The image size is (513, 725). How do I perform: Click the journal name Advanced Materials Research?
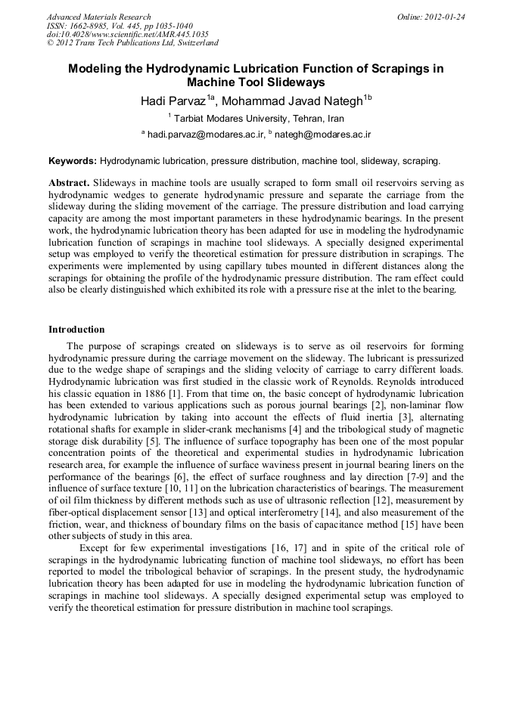pos(99,17)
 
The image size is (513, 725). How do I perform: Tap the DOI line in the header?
pos(128,34)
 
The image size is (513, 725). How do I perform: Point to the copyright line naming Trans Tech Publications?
pos(132,43)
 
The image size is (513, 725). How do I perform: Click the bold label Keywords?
pos(73,161)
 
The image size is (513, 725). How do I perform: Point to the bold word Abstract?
pos(69,183)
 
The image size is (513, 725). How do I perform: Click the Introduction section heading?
pos(76,330)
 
